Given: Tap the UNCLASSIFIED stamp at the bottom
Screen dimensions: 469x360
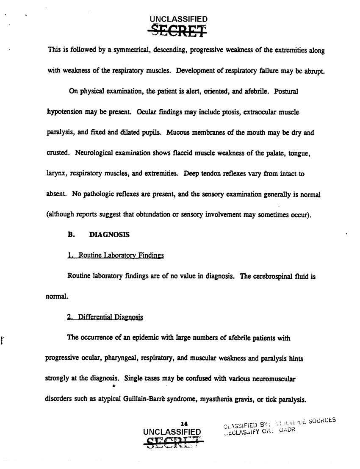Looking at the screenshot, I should (172, 432).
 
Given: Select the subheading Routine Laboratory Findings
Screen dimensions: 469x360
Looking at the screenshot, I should (115, 255).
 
